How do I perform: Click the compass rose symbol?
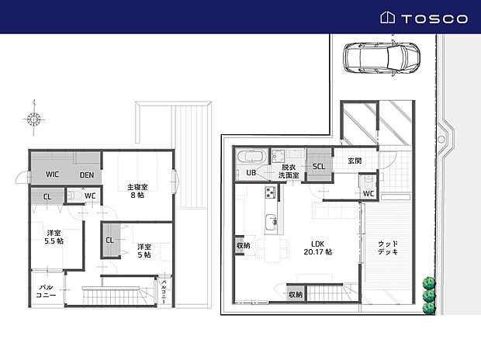[x=34, y=119]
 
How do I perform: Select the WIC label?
[x=53, y=175]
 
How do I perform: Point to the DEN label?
[x=87, y=175]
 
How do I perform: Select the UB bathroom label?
[x=251, y=172]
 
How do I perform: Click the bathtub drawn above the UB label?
[x=252, y=155]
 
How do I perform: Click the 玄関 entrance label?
[x=355, y=161]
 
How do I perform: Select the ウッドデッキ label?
[x=387, y=248]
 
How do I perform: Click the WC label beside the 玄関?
[x=369, y=193]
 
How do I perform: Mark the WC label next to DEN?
[x=89, y=196]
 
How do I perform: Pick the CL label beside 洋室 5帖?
[x=109, y=240]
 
